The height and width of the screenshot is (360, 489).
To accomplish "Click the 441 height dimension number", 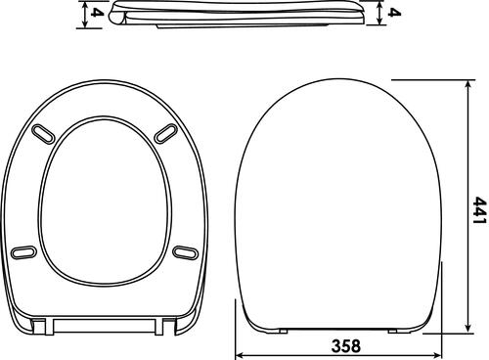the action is pyautogui.click(x=480, y=210).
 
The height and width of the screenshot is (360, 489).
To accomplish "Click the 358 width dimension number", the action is pyautogui.click(x=346, y=345).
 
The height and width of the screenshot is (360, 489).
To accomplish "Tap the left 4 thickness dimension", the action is pyautogui.click(x=97, y=14).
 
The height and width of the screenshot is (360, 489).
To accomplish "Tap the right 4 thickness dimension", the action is pyautogui.click(x=394, y=13).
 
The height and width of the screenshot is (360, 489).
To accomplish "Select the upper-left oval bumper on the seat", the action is pyautogui.click(x=43, y=133).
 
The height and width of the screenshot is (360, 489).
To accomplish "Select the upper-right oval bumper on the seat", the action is pyautogui.click(x=166, y=133).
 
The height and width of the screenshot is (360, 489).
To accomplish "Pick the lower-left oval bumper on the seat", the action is pyautogui.click(x=24, y=252).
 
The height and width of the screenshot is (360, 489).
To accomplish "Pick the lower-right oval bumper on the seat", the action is pyautogui.click(x=185, y=252).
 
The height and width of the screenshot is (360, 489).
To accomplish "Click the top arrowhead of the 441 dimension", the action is pyautogui.click(x=468, y=85).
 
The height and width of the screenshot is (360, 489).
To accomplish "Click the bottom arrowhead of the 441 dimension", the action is pyautogui.click(x=468, y=328).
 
